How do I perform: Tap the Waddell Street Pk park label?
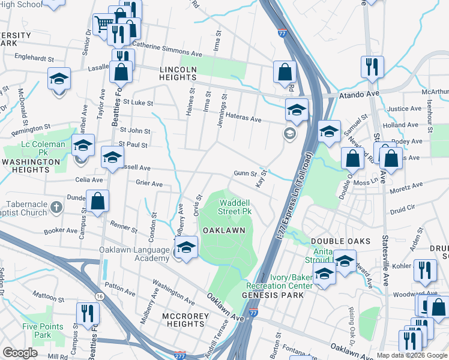(x=234, y=207)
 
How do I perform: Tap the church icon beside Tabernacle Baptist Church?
(x=57, y=207)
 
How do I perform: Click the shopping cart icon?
(x=103, y=25)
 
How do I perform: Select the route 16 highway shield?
(x=99, y=296)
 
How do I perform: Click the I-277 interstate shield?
(x=179, y=355)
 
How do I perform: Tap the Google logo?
(x=20, y=353)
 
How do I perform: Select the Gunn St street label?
(x=245, y=174)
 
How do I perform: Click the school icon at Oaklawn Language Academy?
(x=187, y=247)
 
